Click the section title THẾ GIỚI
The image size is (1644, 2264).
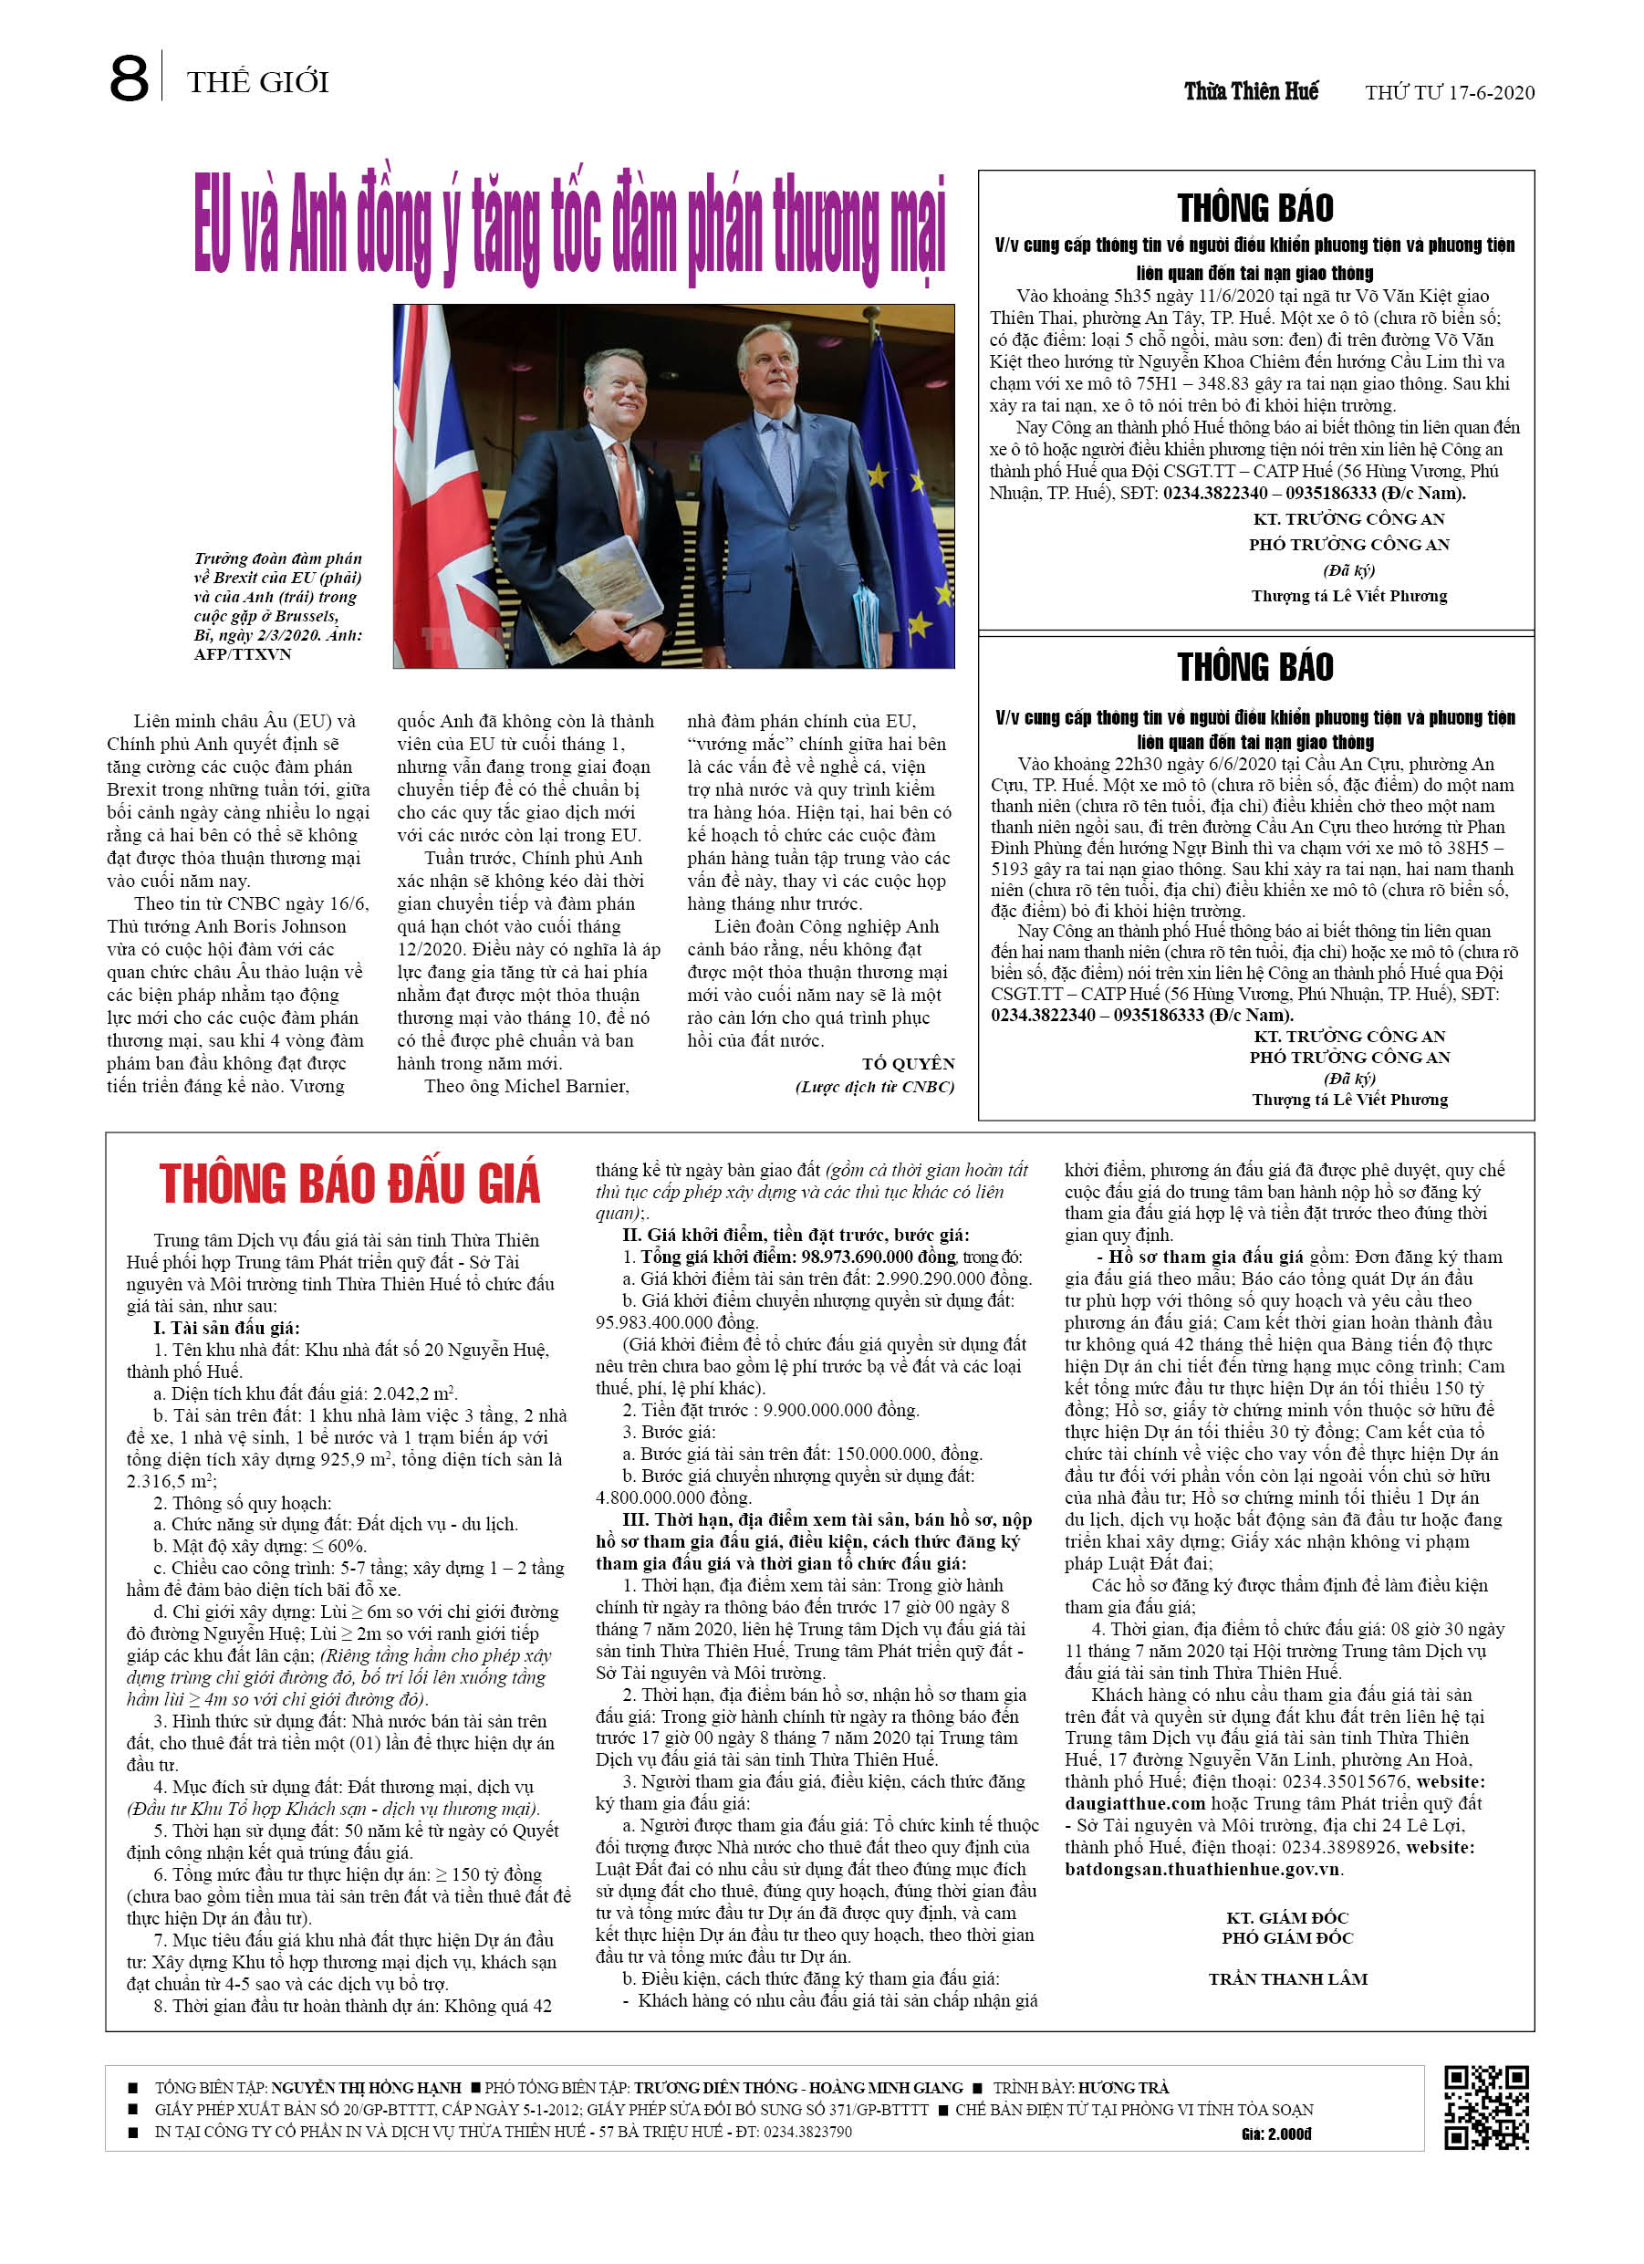pyautogui.click(x=257, y=82)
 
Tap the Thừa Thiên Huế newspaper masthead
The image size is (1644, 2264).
pyautogui.click(x=1251, y=92)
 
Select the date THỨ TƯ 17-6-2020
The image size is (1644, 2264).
pyautogui.click(x=1450, y=93)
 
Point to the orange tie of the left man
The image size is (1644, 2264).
pyautogui.click(x=627, y=489)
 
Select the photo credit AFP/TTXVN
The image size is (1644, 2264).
pyautogui.click(x=243, y=655)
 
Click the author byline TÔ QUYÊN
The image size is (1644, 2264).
pyautogui.click(x=909, y=1063)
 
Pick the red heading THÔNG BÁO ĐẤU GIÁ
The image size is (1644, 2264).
pyautogui.click(x=349, y=1184)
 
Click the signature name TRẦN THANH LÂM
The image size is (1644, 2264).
pyautogui.click(x=1287, y=1978)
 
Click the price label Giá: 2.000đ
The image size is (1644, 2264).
pyautogui.click(x=1276, y=2134)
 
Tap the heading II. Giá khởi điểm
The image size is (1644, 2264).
pyautogui.click(x=796, y=1235)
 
